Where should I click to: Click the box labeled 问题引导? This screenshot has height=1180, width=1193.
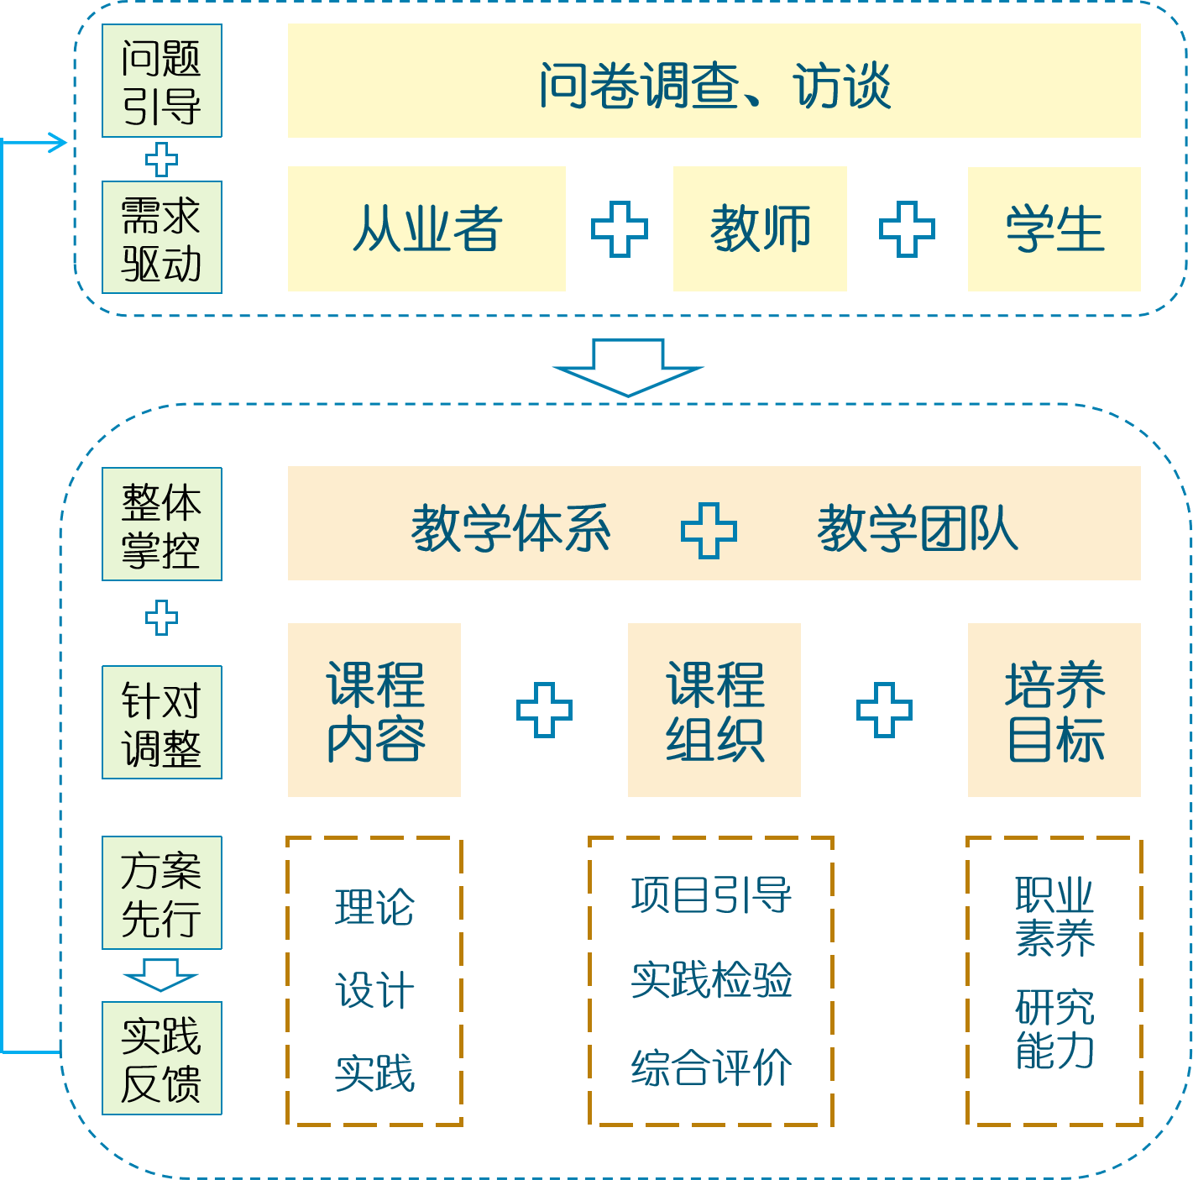tap(162, 81)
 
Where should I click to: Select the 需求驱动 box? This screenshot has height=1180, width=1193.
tap(162, 238)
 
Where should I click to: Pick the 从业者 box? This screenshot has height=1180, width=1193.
tap(426, 229)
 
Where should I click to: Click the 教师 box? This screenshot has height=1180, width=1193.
tap(760, 229)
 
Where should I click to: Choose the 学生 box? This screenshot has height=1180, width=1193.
tap(1054, 229)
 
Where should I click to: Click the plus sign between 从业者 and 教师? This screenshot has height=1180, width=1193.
tap(620, 229)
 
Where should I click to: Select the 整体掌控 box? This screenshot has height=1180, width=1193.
tap(162, 524)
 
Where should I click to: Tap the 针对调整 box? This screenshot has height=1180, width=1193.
tap(162, 722)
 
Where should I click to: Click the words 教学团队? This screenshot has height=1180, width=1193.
tap(917, 529)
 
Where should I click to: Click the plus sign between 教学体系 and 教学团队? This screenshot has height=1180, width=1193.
tap(709, 530)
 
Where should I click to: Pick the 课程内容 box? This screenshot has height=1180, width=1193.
tap(374, 710)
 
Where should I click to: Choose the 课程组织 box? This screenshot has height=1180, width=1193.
tap(714, 710)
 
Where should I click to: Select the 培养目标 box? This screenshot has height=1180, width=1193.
tap(1054, 710)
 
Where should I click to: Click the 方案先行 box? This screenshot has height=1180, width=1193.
tap(162, 893)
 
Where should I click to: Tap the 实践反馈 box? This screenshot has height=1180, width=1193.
tap(162, 1058)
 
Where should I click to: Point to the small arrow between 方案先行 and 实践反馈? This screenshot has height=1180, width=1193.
tap(160, 974)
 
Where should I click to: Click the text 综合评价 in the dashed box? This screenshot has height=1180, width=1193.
tap(711, 1067)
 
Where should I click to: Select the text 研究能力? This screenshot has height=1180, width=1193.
tap(1054, 1028)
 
